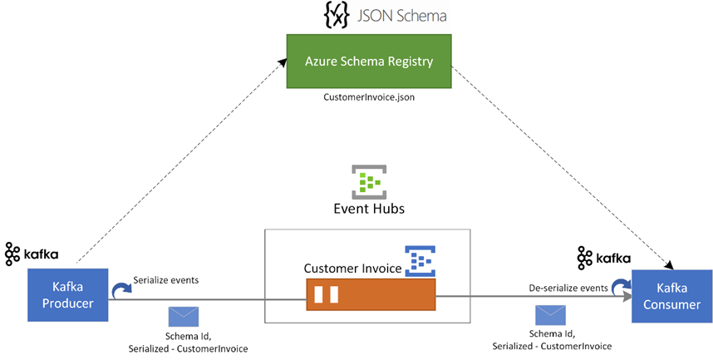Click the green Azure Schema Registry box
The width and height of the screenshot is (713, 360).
pos(369,61)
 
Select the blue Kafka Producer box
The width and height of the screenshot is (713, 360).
pos(68,295)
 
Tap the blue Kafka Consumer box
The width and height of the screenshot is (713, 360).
pos(672,296)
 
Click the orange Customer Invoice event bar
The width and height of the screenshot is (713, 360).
pos(371,294)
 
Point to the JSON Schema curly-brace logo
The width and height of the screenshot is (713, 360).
pos(337,16)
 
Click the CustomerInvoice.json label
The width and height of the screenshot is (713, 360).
pos(369,97)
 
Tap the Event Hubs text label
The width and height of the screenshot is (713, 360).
pos(369,209)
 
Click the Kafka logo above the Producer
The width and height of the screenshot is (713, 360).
pos(32,254)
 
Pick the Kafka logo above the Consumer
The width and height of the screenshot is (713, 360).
pos(604,258)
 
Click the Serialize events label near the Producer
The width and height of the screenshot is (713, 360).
pos(166,280)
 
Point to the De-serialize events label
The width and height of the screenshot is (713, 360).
pos(568,288)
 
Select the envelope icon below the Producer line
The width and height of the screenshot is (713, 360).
pos(184,317)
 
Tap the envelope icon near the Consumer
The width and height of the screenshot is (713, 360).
pos(550,315)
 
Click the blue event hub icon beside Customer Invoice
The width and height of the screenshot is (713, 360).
pos(420,261)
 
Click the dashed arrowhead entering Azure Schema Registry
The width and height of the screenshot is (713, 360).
pos(283,62)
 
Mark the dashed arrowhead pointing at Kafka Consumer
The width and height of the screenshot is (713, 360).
pos(669,264)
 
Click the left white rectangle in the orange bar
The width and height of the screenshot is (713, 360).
pos(319,294)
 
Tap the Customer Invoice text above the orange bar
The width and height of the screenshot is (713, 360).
pos(353,269)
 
